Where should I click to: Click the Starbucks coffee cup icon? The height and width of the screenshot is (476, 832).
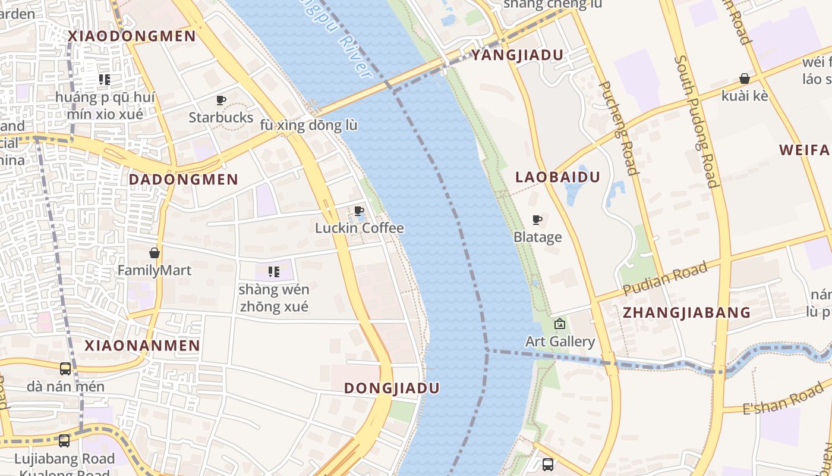click(221, 100)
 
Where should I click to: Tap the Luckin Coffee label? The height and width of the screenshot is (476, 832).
click(359, 228)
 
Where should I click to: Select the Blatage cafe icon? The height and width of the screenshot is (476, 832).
click(537, 220)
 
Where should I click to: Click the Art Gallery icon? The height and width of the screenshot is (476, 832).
click(559, 324)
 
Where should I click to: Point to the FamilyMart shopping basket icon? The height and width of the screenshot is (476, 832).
click(155, 253)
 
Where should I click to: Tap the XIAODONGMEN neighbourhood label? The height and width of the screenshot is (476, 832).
click(132, 36)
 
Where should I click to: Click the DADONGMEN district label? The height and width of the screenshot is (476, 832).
click(184, 179)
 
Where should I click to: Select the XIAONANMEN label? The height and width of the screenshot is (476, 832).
click(143, 346)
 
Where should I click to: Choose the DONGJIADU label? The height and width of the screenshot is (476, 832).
click(392, 389)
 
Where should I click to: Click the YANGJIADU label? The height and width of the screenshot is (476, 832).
click(517, 55)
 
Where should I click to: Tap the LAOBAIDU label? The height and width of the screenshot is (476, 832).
click(557, 177)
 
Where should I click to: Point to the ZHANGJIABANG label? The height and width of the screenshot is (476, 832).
click(686, 313)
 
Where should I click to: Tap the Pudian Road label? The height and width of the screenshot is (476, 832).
click(665, 278)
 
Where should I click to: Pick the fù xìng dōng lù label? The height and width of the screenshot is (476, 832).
click(309, 126)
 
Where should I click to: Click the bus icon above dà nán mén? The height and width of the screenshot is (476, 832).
click(65, 369)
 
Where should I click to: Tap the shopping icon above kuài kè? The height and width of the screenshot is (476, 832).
click(744, 79)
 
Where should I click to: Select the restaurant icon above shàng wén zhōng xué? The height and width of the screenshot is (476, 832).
click(273, 272)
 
